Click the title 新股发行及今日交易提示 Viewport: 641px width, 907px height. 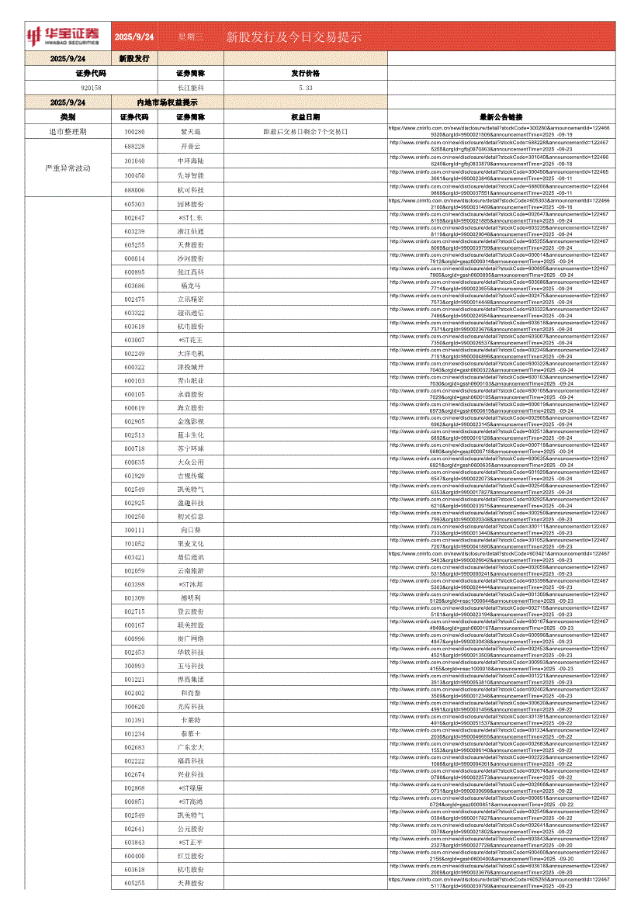click(294, 36)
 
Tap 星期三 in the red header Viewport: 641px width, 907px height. click(190, 36)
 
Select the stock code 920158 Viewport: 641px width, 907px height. click(91, 88)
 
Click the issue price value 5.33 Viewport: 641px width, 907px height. click(305, 88)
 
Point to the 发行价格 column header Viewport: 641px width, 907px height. click(305, 73)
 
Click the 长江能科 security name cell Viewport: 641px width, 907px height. click(190, 88)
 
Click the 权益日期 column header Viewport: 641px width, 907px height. click(305, 116)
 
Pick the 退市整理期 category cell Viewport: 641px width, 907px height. click(68, 132)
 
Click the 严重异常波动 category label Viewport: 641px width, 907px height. click(68, 168)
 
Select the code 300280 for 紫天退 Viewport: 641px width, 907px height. click(134, 132)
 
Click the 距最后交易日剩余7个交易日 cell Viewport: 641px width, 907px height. click(305, 132)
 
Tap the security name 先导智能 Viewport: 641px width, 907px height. click(190, 175)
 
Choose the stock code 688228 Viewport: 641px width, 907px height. click(134, 146)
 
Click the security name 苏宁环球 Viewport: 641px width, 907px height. click(190, 448)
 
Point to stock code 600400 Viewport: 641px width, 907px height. click(134, 856)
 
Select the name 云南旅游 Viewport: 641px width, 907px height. click(190, 571)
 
